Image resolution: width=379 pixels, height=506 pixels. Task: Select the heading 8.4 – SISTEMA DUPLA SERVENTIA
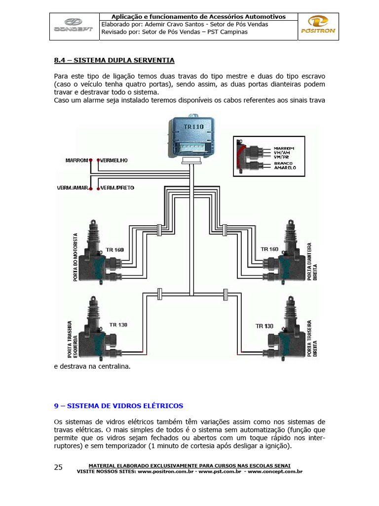(x=114, y=61)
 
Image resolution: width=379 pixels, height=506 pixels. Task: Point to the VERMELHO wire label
(x=114, y=161)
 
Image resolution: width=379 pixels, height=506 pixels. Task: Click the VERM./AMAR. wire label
(x=73, y=188)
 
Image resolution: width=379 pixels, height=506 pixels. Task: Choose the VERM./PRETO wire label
(x=117, y=188)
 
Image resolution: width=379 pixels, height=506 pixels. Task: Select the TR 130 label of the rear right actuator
(x=265, y=326)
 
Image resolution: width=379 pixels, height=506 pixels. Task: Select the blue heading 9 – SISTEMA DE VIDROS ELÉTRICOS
(x=118, y=406)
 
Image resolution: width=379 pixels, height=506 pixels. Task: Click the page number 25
(x=58, y=467)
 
